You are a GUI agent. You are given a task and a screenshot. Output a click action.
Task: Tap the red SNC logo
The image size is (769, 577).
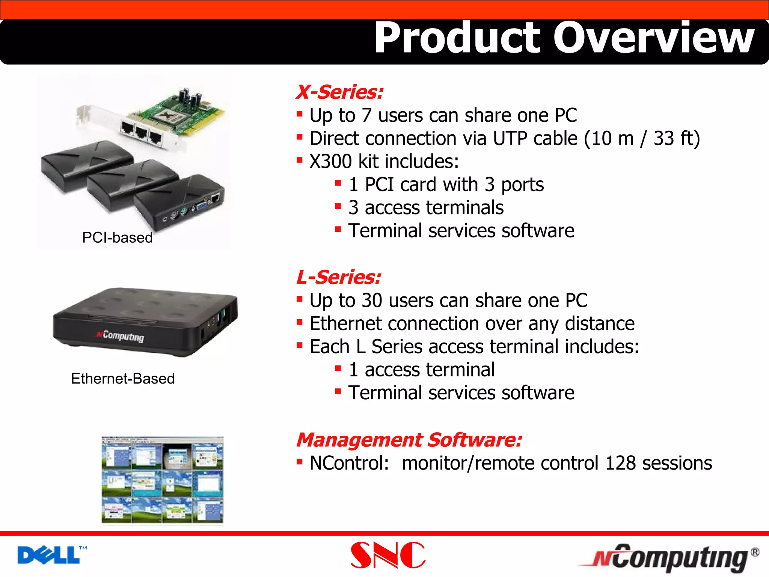(x=388, y=555)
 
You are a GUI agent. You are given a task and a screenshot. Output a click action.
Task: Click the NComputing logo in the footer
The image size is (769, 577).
(x=668, y=558)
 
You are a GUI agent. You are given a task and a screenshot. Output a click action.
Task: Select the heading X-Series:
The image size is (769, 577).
(x=339, y=92)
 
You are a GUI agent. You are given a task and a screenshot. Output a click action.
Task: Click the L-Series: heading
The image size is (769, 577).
(x=338, y=277)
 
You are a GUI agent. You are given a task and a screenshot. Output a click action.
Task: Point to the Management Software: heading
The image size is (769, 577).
(x=409, y=440)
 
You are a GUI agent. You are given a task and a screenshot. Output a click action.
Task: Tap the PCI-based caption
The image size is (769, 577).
(x=117, y=237)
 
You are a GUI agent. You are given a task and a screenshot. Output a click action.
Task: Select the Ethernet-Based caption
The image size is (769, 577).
(x=123, y=378)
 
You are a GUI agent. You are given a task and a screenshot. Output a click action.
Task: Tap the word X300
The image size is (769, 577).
(x=330, y=162)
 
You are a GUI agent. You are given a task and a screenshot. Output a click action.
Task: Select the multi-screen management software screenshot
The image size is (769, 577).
(x=162, y=480)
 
